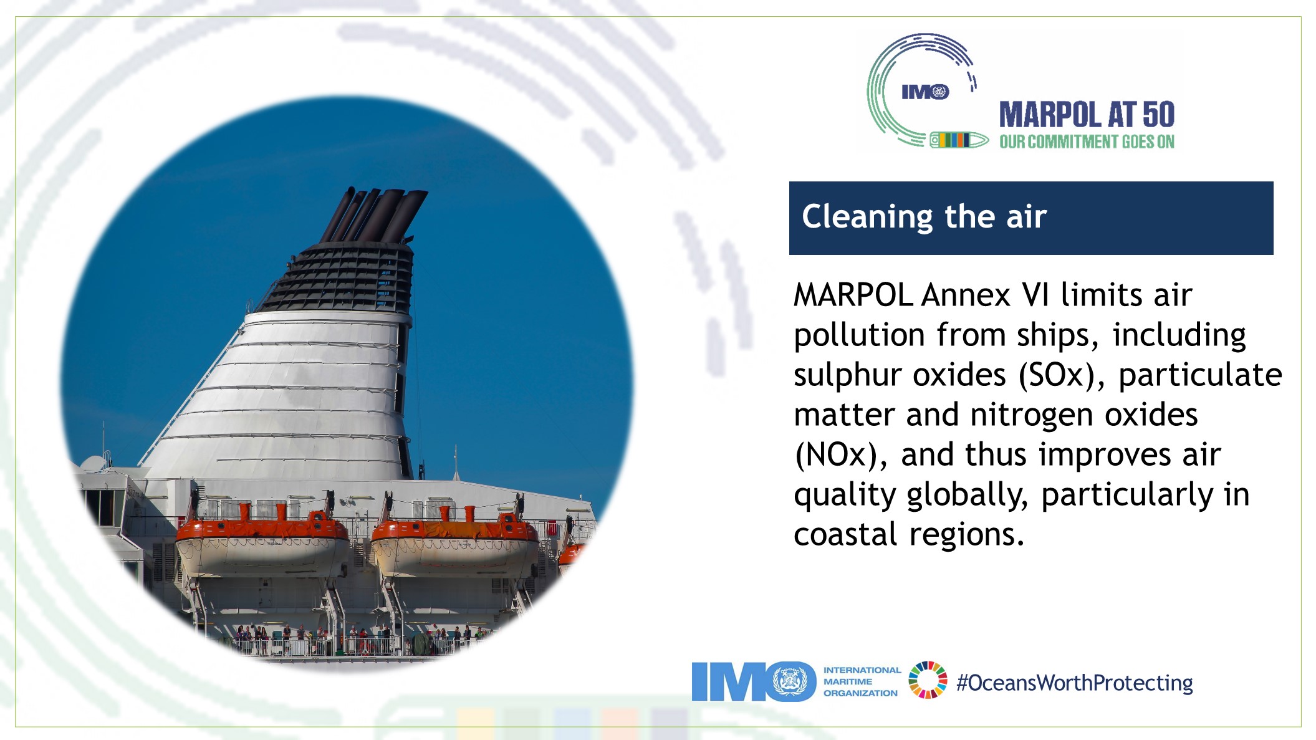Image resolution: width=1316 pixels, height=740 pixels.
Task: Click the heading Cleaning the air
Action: click(x=924, y=217)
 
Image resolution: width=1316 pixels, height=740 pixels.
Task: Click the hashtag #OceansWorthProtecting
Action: click(x=1075, y=683)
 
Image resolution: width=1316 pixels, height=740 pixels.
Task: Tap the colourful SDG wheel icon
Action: click(x=928, y=680)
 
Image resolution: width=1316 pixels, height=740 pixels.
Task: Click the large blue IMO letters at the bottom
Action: click(x=754, y=681)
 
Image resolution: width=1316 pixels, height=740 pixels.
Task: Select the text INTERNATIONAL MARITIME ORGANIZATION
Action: click(x=862, y=681)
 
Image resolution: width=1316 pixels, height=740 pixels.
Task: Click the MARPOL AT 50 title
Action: click(x=1087, y=115)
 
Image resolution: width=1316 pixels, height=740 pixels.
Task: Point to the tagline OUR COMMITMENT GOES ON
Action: click(x=1087, y=142)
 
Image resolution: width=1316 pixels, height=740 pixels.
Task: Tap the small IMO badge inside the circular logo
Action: click(x=925, y=92)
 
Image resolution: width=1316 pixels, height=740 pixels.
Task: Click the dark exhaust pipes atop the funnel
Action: click(x=374, y=215)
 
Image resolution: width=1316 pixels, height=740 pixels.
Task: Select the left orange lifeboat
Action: click(x=262, y=541)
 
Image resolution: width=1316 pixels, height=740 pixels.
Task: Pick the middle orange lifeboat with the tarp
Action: click(x=454, y=542)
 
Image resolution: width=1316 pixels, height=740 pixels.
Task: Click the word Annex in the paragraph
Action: click(x=966, y=295)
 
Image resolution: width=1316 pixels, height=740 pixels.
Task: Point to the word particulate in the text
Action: click(x=1200, y=375)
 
